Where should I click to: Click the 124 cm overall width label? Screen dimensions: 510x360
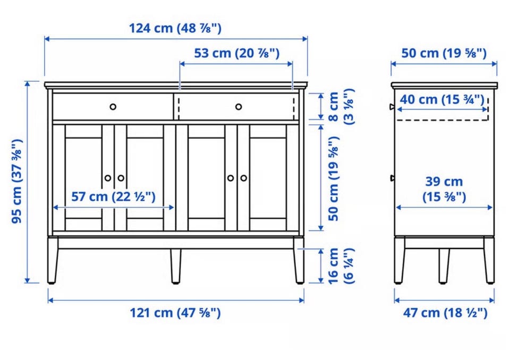175,28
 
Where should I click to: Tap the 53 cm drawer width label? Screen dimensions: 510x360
236,53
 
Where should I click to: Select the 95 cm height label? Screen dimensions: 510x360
16,181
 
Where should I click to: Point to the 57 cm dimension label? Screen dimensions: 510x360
113,197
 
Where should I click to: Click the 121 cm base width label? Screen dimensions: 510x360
175,313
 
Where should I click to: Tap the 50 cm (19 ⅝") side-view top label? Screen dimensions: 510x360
444,53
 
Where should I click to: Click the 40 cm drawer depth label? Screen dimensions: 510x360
441,99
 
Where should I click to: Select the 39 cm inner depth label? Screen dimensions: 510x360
444,189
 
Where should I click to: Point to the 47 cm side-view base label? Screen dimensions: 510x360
445,313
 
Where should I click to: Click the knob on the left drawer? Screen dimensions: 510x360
113,107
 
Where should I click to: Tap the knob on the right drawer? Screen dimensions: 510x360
239,107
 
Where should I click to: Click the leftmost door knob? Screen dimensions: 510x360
108,178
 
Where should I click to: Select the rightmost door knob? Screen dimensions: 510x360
244,178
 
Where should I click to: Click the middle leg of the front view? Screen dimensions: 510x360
176,266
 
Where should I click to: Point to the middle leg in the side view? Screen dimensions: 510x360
444,266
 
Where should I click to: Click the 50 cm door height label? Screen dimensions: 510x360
334,178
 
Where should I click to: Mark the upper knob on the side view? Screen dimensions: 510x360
392,107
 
